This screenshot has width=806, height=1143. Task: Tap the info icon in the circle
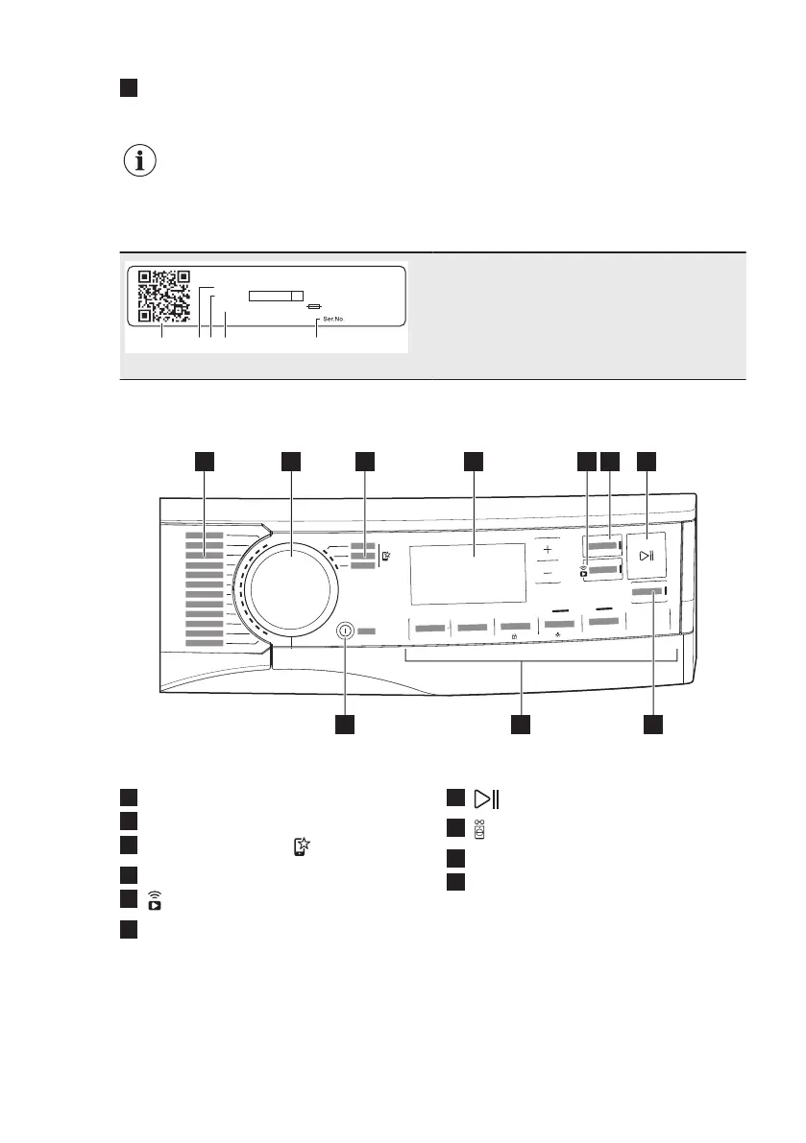[141, 161]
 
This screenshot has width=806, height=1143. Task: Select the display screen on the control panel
[467, 574]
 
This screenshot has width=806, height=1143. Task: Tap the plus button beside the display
[548, 550]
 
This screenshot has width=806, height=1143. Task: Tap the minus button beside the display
[548, 573]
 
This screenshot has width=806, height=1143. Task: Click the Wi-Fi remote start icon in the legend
[155, 899]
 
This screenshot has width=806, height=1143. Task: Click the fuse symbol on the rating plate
[313, 306]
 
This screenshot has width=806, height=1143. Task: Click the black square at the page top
[130, 88]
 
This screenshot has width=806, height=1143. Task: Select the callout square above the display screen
[472, 461]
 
